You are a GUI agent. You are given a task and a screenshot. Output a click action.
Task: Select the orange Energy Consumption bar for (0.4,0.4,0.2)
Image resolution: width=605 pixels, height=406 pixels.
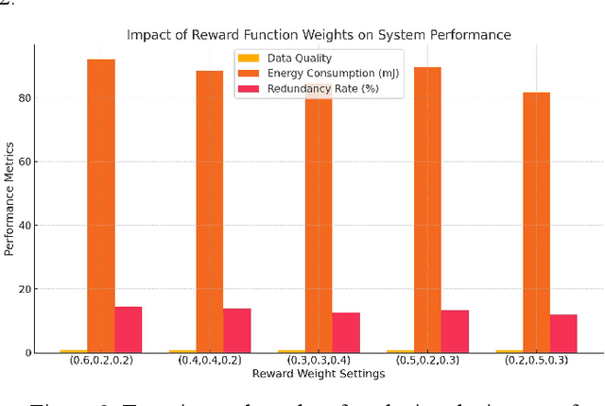click(x=210, y=211)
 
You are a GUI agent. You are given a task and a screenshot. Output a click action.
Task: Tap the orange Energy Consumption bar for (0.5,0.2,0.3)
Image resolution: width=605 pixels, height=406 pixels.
click(x=427, y=210)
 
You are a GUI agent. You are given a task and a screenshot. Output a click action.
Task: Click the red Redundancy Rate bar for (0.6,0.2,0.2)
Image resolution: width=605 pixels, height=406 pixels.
click(x=129, y=330)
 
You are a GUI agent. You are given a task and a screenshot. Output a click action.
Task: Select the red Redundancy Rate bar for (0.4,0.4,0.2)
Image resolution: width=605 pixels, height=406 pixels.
click(x=237, y=330)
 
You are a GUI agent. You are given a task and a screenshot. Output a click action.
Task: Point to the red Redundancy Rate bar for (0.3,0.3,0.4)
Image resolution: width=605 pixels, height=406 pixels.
click(x=346, y=332)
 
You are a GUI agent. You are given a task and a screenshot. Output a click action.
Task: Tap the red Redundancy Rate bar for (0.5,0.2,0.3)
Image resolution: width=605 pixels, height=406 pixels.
click(x=455, y=331)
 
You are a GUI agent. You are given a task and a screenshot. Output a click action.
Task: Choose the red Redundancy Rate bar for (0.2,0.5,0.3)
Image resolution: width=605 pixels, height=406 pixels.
click(x=563, y=333)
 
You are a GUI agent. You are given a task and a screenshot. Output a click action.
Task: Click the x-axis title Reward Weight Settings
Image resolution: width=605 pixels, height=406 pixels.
click(x=319, y=375)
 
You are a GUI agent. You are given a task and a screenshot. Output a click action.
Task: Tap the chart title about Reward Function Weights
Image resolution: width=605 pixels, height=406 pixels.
click(x=319, y=35)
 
